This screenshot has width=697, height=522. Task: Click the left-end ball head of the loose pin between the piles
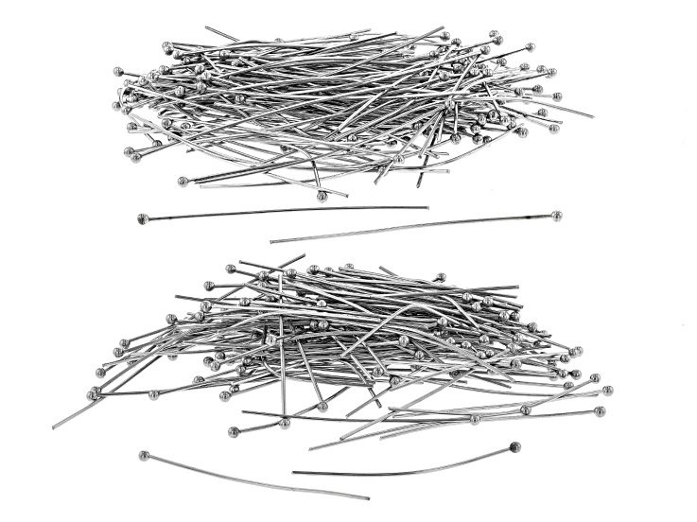click(x=143, y=219)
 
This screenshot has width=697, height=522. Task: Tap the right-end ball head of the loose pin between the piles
click(x=557, y=216)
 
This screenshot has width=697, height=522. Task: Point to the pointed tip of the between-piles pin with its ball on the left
click(x=427, y=207)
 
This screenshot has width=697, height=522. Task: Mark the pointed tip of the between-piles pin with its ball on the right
click(x=271, y=242)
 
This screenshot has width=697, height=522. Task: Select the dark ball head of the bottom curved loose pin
click(x=514, y=445)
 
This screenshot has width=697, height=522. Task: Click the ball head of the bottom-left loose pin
click(x=144, y=456)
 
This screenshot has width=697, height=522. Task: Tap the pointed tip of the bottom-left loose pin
click(x=369, y=497)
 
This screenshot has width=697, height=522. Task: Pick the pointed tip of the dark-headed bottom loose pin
click(x=293, y=472)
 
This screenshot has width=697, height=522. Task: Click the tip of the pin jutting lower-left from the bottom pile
click(x=54, y=427)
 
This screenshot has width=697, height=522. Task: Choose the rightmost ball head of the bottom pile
click(x=607, y=390)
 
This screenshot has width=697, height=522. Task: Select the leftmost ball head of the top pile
click(x=118, y=71)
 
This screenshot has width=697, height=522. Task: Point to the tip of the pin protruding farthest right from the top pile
click(x=593, y=117)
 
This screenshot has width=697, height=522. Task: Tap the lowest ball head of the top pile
click(x=322, y=196)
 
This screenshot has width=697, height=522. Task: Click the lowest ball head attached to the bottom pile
click(x=233, y=432)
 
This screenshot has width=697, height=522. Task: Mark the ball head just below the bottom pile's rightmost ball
click(x=600, y=411)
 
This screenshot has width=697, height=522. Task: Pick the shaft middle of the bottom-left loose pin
click(x=255, y=478)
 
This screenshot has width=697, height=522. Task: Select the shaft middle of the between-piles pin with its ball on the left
click(x=284, y=212)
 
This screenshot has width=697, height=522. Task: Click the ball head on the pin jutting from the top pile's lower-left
click(x=183, y=181)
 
